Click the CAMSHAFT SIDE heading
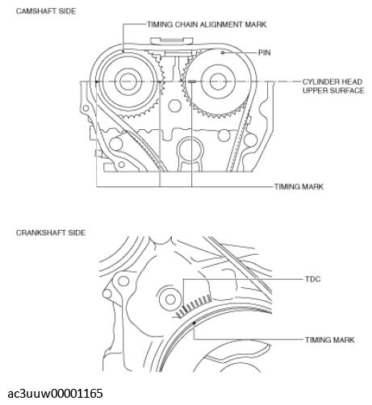[x=46, y=11]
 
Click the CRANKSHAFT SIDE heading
[x=51, y=232]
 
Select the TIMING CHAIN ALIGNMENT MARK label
[x=207, y=24]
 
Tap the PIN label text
[x=265, y=52]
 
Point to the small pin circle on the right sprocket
[x=223, y=52]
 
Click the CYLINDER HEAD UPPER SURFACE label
[x=333, y=86]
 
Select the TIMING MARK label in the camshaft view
[x=299, y=186]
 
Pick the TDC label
[x=313, y=279]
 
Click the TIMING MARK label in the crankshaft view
[x=330, y=340]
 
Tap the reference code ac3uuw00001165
[x=55, y=394]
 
